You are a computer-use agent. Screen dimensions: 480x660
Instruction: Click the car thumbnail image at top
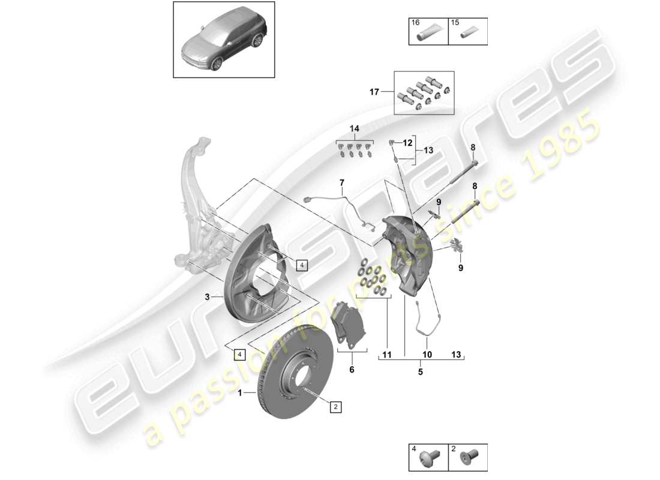tap(224, 40)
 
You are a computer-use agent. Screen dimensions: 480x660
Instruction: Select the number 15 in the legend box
tap(455, 22)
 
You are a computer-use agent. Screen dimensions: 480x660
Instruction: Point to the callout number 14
tap(354, 129)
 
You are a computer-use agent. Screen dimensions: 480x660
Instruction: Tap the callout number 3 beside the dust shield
tap(207, 296)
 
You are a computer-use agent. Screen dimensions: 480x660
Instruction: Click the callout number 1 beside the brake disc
tap(241, 393)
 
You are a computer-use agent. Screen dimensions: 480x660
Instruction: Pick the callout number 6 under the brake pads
tap(352, 370)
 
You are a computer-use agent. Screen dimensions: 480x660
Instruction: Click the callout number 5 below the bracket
tap(420, 372)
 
